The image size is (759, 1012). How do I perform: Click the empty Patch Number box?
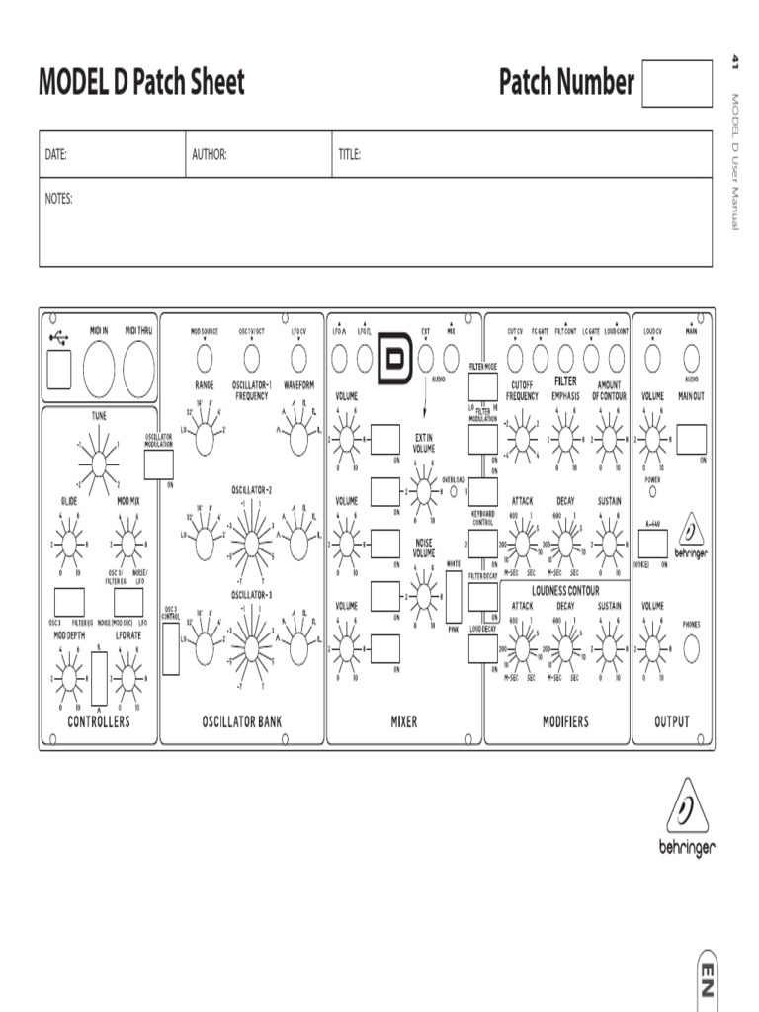[x=676, y=83]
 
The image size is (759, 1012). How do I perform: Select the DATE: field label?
[x=55, y=154]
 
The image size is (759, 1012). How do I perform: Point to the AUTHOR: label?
[x=210, y=154]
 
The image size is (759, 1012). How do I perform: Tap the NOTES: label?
[x=59, y=199]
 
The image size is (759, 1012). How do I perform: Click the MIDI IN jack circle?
[x=99, y=371]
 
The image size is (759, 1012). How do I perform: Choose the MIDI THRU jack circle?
[x=138, y=371]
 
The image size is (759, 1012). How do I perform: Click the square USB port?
[x=59, y=371]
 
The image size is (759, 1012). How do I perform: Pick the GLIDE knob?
[x=69, y=544]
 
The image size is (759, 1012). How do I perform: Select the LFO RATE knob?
[x=128, y=677]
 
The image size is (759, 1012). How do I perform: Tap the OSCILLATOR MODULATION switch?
[x=158, y=464]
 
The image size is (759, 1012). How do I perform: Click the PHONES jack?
[x=691, y=647]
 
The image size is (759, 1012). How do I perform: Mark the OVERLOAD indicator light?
[x=454, y=490]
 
